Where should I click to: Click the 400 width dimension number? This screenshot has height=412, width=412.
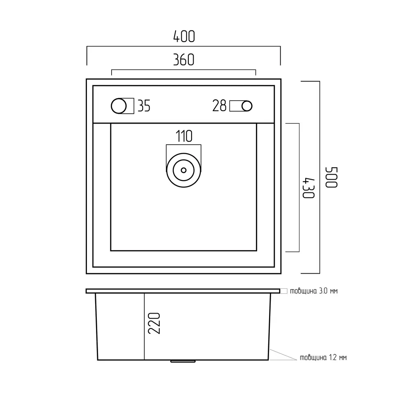pyautogui.click(x=184, y=37)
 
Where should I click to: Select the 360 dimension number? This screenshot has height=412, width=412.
pyautogui.click(x=184, y=60)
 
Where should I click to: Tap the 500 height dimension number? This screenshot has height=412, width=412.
pyautogui.click(x=331, y=177)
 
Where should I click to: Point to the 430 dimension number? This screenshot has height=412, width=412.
pyautogui.click(x=308, y=188)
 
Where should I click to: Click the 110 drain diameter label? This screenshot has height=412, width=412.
pyautogui.click(x=184, y=136)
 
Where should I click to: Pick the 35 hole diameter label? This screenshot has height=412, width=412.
pyautogui.click(x=144, y=106)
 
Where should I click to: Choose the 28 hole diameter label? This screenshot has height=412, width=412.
pyautogui.click(x=219, y=105)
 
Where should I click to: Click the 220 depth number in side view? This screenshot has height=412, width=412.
pyautogui.click(x=154, y=323)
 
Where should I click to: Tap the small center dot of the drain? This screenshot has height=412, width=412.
pyautogui.click(x=184, y=170)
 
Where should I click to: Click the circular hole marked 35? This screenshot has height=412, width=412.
pyautogui.click(x=119, y=106)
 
